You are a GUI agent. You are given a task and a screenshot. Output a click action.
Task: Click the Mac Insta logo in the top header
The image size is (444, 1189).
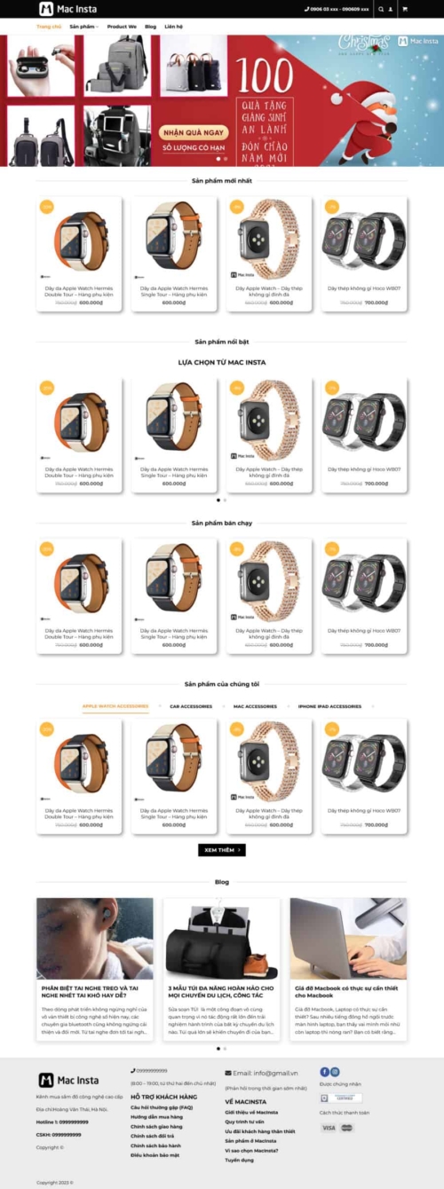(x=67, y=10)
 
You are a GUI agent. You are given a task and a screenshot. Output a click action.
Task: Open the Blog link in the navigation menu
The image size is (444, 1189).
(x=150, y=27)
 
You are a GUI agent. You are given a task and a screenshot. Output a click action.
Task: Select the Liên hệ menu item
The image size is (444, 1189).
(x=173, y=27)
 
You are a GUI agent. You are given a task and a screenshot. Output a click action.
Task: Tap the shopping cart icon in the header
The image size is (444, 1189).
(x=405, y=10)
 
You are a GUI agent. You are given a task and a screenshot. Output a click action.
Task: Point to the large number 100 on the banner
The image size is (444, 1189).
(x=266, y=79)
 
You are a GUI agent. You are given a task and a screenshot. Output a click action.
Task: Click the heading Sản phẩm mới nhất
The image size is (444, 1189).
(x=222, y=181)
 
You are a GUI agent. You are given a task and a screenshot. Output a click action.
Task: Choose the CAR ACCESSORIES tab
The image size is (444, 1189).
(x=191, y=706)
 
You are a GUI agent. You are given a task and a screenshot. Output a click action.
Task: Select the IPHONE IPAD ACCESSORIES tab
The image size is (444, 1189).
(x=329, y=706)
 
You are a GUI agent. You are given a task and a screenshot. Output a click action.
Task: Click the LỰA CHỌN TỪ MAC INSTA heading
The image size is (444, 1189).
(x=222, y=362)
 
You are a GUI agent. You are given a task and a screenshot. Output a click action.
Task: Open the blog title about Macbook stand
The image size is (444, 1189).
(x=346, y=991)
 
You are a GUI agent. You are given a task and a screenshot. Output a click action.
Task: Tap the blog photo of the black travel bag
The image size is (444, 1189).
(x=222, y=938)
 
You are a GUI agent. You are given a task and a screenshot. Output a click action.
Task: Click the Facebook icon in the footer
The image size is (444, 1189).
(x=324, y=1072)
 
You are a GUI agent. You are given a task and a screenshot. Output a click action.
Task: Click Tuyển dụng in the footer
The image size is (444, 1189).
(x=239, y=1160)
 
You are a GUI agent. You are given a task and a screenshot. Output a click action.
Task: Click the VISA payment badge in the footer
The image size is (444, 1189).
(x=329, y=1128)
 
